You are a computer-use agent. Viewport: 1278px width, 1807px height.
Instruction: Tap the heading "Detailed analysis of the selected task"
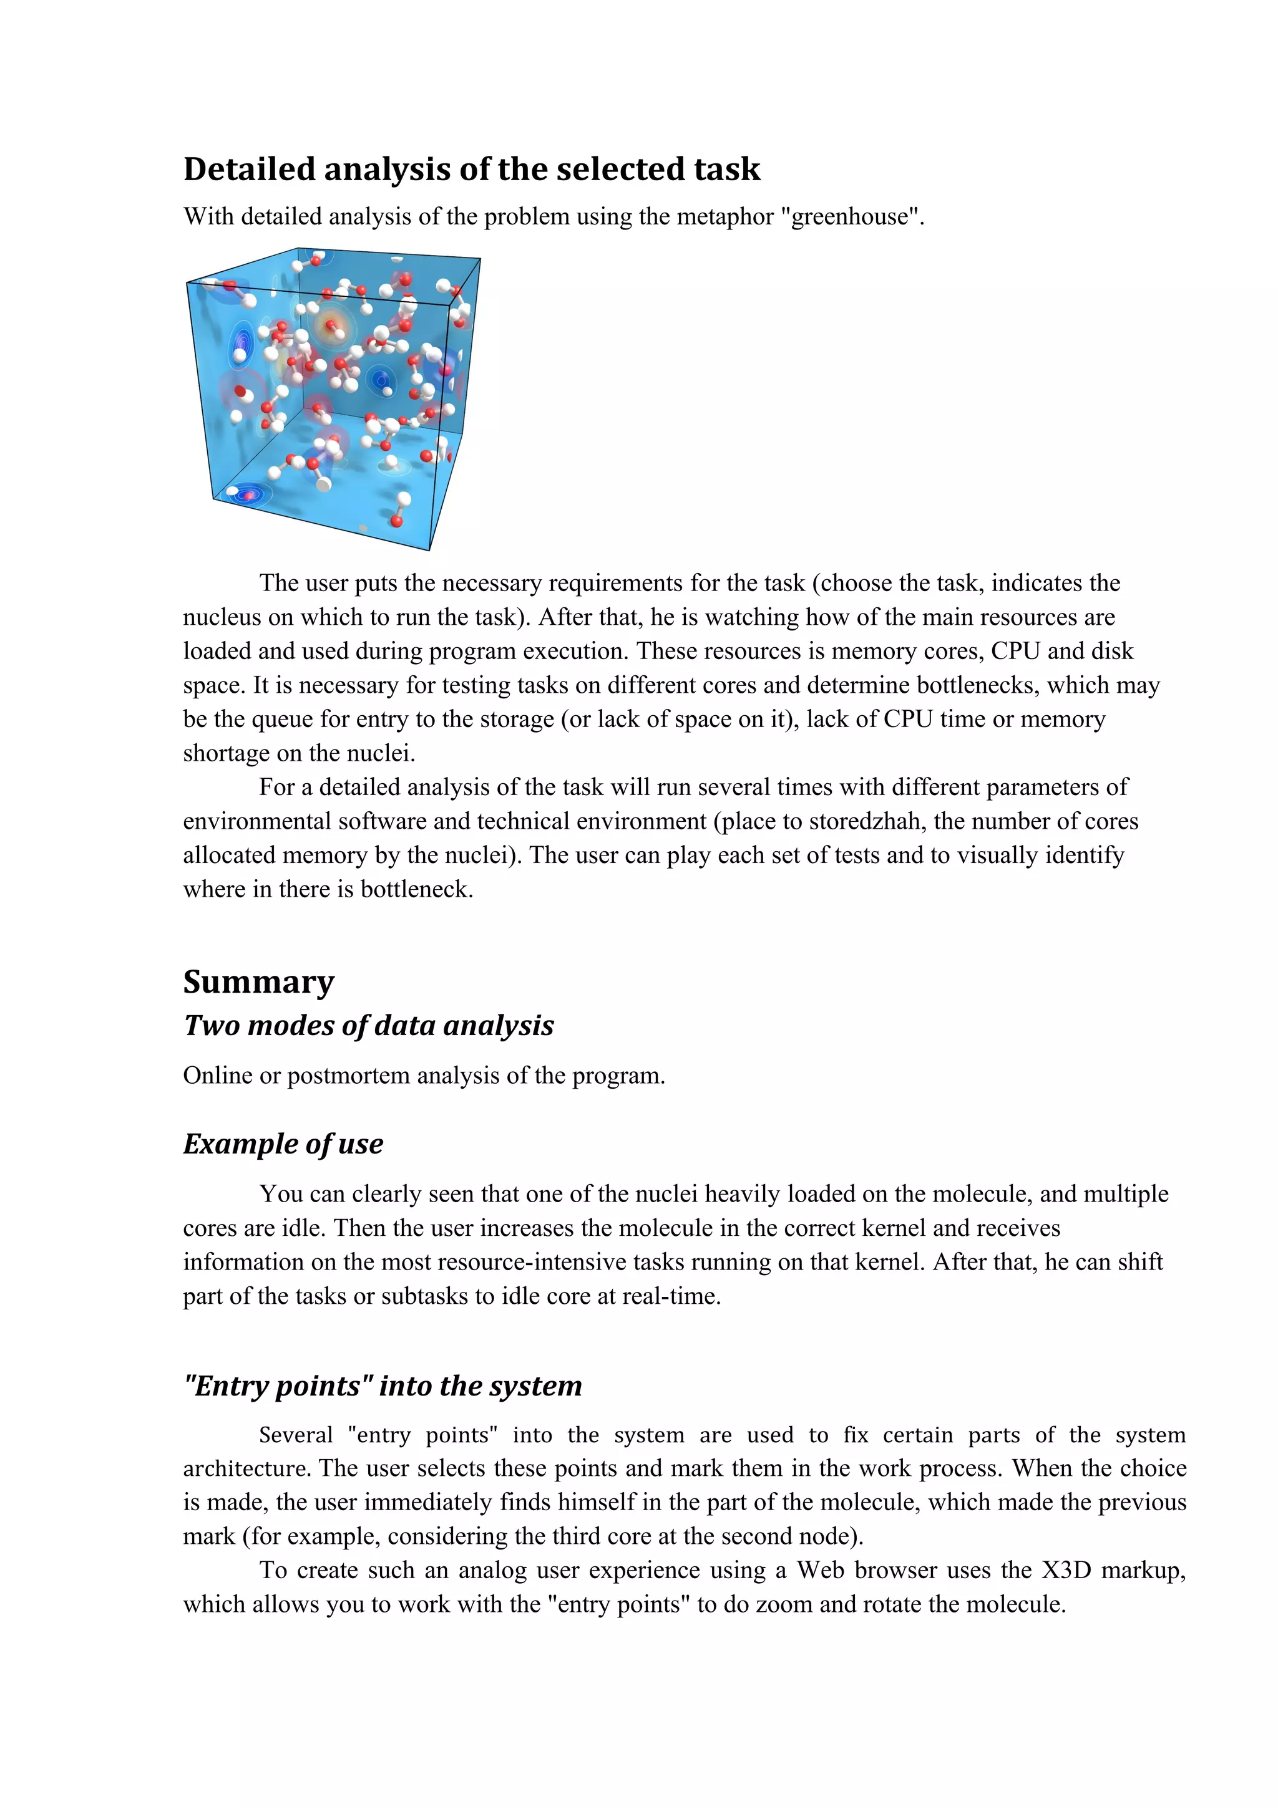(x=472, y=169)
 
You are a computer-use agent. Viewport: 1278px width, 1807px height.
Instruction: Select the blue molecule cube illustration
(x=333, y=397)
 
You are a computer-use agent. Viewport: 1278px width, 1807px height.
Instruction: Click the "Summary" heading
(x=259, y=981)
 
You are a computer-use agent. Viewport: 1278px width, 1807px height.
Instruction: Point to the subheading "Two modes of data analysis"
(x=369, y=1026)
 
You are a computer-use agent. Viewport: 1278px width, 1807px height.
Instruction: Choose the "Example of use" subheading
(x=283, y=1144)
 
